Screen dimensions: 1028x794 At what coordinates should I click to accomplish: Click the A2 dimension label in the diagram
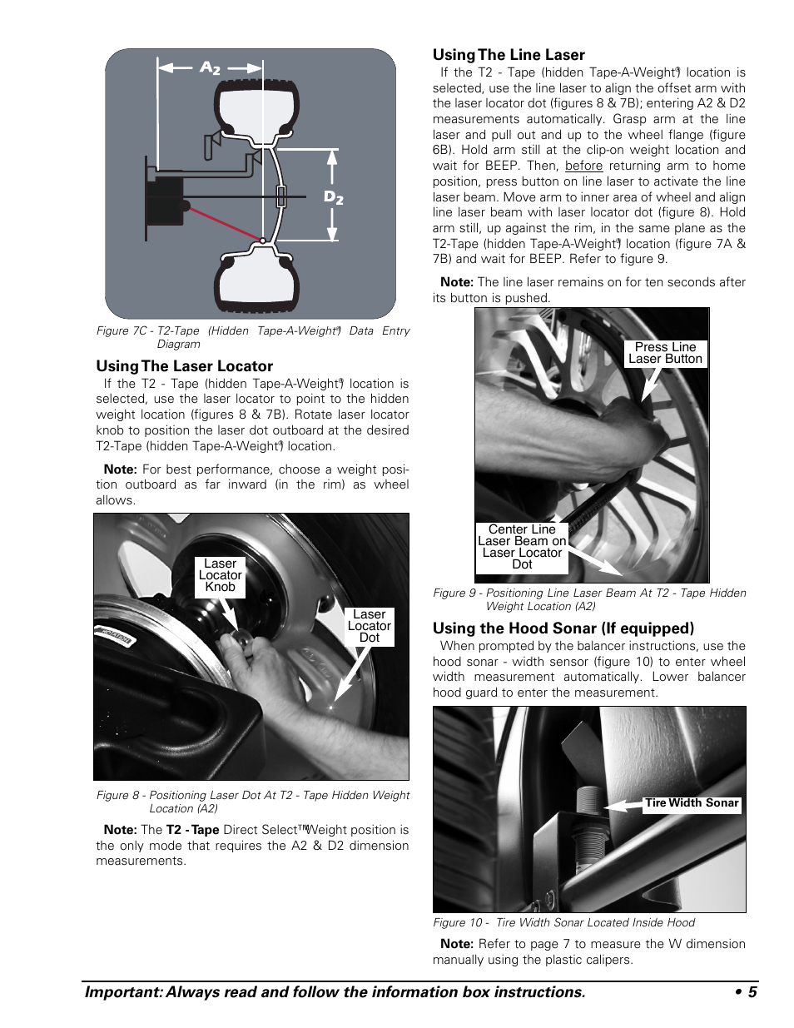point(210,68)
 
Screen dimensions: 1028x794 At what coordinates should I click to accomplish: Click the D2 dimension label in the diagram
point(333,197)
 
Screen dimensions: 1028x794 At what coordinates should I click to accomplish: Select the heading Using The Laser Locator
point(184,366)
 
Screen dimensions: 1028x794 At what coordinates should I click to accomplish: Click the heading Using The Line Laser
point(509,55)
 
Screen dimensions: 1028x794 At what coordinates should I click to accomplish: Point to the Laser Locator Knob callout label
point(220,575)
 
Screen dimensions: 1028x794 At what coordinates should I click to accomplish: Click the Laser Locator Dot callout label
point(369,626)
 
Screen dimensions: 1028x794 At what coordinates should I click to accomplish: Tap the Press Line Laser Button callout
point(665,353)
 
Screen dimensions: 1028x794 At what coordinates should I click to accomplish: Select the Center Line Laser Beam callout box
point(522,547)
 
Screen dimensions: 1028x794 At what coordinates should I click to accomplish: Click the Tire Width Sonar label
point(692,803)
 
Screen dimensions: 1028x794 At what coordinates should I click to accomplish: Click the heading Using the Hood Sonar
point(563,628)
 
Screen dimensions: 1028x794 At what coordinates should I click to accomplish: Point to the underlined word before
point(583,166)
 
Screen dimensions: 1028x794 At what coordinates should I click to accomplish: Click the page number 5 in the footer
point(751,992)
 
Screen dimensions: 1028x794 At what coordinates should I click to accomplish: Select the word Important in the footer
point(119,992)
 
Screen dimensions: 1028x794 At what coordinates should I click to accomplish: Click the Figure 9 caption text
point(589,598)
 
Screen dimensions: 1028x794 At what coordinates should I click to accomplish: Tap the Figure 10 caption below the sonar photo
point(563,922)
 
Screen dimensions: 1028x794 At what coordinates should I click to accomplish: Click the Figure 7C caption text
point(252,336)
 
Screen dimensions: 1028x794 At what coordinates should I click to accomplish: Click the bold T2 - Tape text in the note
point(192,830)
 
